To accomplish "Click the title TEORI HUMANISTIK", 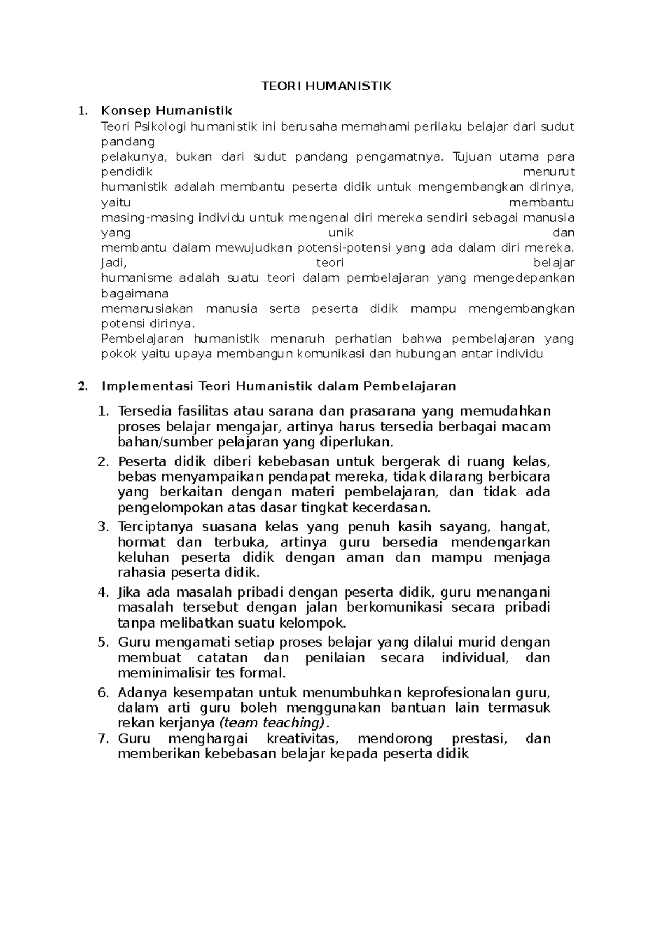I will click(x=326, y=87).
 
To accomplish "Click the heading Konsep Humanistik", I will click(x=166, y=111).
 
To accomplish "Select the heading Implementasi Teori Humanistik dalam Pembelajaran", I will click(x=278, y=386).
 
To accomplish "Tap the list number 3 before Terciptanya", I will click(x=102, y=527).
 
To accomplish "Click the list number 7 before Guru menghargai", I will click(x=102, y=739).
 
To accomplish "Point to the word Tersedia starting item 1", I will click(x=144, y=410).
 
